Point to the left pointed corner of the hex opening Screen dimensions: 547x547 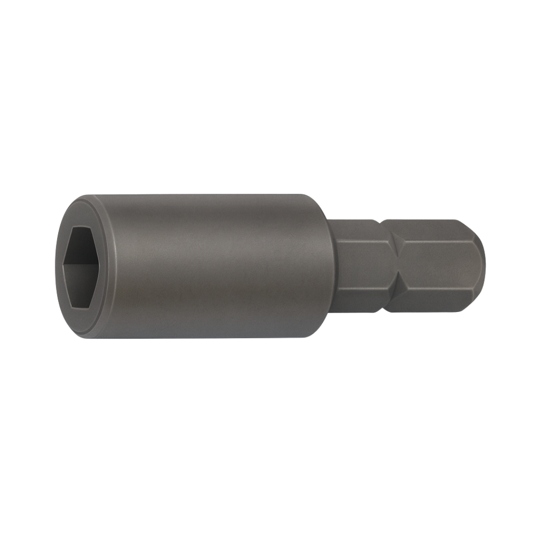pos(63,266)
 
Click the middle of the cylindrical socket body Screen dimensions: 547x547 pos(213,266)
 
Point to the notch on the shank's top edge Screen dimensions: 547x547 pos(379,221)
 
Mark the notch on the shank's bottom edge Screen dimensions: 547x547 pos(379,310)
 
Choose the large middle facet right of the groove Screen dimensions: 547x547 pos(436,266)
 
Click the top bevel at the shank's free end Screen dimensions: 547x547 pos(468,231)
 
